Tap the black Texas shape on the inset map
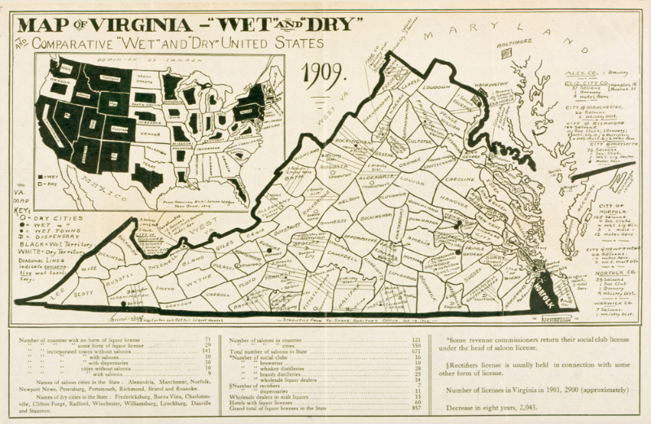click(x=147, y=174)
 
